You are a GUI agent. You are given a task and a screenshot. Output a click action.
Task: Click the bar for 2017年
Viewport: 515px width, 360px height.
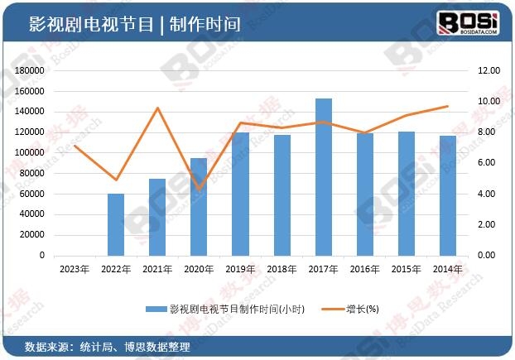coord(324,177)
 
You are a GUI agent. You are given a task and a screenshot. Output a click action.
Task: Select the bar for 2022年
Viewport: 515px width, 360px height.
coord(116,224)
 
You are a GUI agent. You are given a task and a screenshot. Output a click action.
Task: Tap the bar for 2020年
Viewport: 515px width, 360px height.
coord(199,207)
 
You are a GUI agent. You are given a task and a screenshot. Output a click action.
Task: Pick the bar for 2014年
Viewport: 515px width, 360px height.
coord(448,195)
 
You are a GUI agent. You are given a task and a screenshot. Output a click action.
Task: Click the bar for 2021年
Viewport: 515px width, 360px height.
coord(157,217)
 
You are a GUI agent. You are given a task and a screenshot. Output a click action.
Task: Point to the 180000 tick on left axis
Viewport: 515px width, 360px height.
coord(30,71)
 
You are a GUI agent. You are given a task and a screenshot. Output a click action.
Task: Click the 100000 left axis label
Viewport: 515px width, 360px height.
coord(30,153)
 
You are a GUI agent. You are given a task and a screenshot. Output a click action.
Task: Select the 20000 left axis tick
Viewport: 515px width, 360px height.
coord(32,235)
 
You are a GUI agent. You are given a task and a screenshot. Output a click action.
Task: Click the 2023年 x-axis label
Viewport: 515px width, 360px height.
coord(75,269)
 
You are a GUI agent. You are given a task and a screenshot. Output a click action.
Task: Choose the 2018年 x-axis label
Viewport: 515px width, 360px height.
coord(282,269)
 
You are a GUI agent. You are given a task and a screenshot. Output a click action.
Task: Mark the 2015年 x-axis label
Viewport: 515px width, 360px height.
coord(407,269)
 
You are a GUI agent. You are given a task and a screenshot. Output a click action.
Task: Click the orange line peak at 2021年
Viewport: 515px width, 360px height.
coord(157,108)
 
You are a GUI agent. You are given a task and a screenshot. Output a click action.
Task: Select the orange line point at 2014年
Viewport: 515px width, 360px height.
coord(448,106)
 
